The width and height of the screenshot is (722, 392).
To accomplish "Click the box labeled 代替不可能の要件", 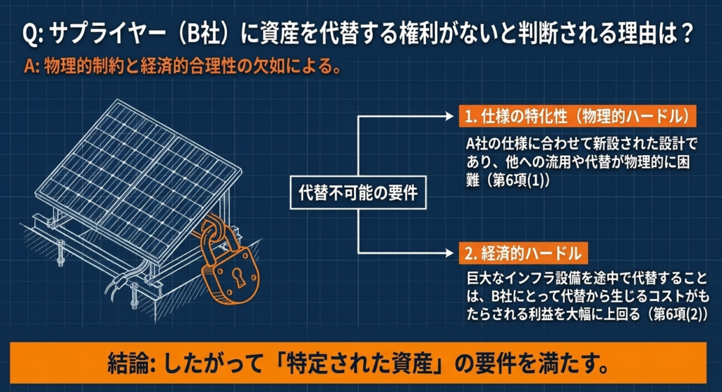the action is coord(357,192).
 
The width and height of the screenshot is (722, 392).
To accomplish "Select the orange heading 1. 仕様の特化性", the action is coord(577,116).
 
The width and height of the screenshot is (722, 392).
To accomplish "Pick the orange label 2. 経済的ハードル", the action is coord(523,253).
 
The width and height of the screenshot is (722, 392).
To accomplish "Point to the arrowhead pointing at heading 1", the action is coord(450,116).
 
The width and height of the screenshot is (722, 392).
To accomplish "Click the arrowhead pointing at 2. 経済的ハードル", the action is coord(450,253).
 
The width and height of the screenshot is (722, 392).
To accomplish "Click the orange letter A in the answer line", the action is coord(30,67).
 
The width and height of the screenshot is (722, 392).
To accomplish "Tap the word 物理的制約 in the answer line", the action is coord(85,67).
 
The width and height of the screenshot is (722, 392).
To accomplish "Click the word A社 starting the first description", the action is coord(477,144).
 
